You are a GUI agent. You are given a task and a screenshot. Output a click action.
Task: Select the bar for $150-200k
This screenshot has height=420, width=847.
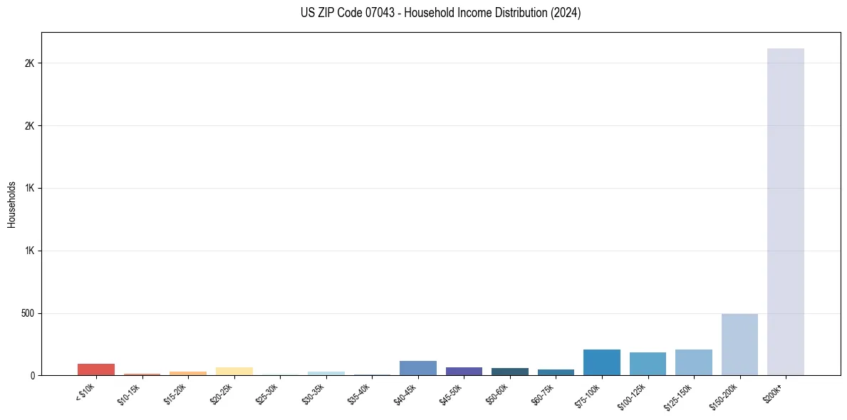tap(739, 345)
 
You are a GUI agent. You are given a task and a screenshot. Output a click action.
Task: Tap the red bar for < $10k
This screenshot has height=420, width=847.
tap(96, 369)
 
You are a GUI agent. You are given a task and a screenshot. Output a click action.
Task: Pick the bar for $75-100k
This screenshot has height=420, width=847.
tap(601, 362)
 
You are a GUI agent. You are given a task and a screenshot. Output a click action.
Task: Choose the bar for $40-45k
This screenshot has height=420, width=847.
tap(417, 368)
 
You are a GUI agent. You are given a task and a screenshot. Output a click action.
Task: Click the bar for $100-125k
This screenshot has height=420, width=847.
tap(648, 364)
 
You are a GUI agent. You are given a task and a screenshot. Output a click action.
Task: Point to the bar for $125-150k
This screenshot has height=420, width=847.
tap(693, 362)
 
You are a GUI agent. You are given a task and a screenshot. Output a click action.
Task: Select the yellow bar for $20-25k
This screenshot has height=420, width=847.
tap(234, 372)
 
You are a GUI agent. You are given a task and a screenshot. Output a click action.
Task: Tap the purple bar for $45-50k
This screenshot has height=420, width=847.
tap(464, 372)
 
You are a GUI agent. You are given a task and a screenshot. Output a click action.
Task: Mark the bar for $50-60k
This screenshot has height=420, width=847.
tap(509, 372)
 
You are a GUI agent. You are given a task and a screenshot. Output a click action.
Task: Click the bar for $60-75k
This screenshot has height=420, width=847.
tap(556, 372)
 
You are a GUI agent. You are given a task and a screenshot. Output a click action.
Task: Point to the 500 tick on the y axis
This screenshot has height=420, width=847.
tap(28, 313)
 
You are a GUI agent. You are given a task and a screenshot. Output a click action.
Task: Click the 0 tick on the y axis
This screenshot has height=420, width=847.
tap(33, 376)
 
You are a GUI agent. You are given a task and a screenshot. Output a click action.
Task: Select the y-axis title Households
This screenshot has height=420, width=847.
tap(11, 204)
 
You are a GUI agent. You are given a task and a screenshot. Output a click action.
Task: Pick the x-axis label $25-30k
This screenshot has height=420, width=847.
tap(267, 394)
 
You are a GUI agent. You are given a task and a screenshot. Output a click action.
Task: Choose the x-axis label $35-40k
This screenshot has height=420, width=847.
tap(359, 394)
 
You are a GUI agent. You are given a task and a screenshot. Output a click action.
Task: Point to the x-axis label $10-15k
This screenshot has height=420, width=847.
tap(129, 394)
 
